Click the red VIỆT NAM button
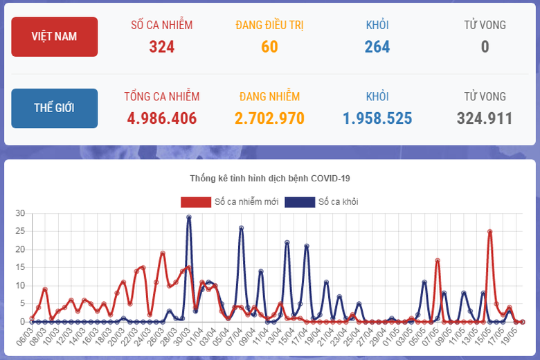coord(55,37)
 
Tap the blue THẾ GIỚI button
coord(55,108)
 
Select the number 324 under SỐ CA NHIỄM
coord(162,47)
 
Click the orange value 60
coord(270,47)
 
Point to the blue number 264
coord(377,47)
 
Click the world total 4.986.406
coord(162,118)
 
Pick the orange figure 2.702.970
coord(270,118)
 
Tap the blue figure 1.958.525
coord(377,118)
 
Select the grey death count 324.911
coord(485,118)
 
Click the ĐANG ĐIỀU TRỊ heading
coord(270,26)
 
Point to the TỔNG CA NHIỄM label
coord(162,97)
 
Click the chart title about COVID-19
coord(270,179)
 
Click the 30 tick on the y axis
coord(20,213)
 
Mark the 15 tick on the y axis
coord(20,267)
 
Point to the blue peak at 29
coord(189,217)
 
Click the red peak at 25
coord(490,232)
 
